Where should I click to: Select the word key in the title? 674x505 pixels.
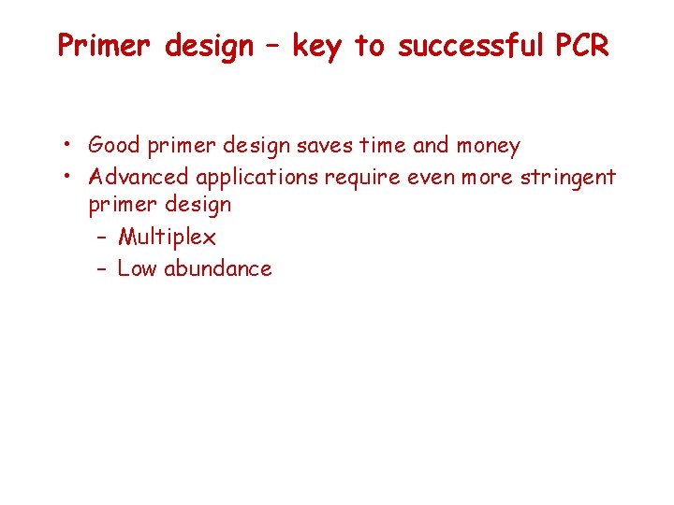point(317,46)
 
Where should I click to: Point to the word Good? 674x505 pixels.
point(114,145)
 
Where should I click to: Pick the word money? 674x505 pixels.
point(487,146)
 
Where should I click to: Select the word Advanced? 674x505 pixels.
point(138,176)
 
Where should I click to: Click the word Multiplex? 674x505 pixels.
point(167,238)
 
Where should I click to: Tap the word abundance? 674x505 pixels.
point(217,268)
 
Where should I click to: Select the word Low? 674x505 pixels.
point(137,268)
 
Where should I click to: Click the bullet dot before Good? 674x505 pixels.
point(70,146)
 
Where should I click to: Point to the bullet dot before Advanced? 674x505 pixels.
point(70,177)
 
